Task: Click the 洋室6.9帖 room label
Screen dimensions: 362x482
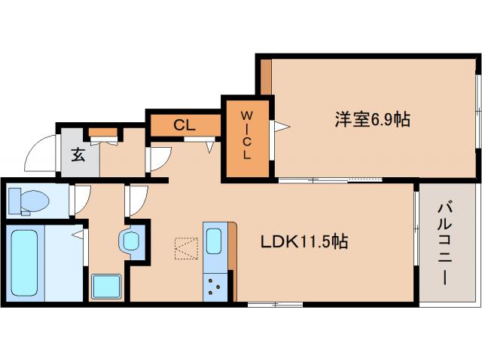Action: (x=372, y=119)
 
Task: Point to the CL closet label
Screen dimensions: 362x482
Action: (x=185, y=125)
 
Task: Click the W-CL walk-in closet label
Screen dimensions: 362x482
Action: (x=246, y=135)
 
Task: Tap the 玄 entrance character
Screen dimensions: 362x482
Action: (x=78, y=155)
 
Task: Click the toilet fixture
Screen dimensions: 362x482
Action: (x=28, y=201)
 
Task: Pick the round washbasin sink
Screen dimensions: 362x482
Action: (x=130, y=241)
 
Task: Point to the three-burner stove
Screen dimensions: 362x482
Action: (x=214, y=285)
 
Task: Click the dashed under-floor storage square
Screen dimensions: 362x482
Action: (x=185, y=248)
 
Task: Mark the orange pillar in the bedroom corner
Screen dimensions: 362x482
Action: (x=266, y=75)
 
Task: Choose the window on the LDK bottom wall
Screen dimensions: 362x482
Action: (x=274, y=305)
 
